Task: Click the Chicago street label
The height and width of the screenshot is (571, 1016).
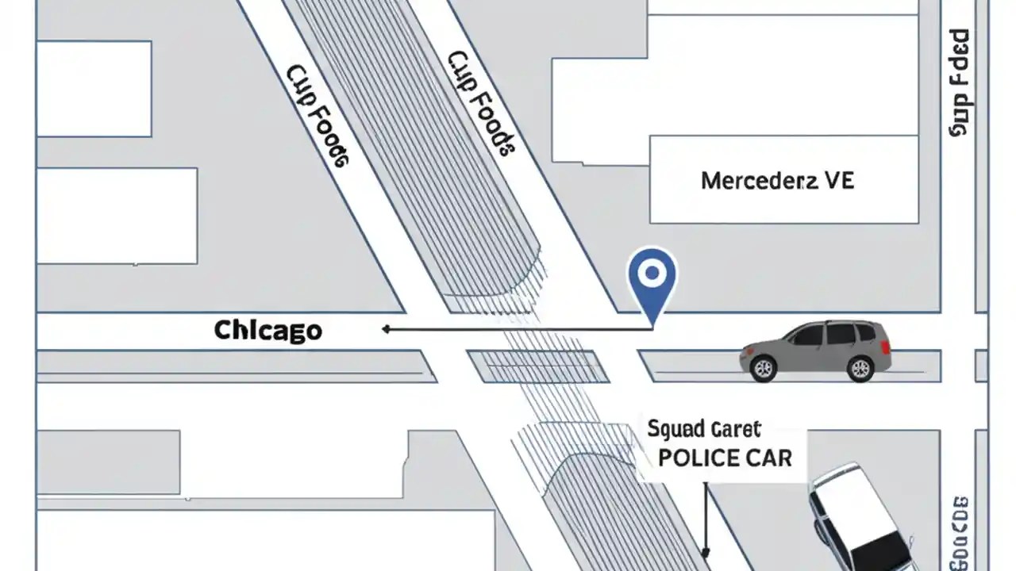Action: tap(267, 330)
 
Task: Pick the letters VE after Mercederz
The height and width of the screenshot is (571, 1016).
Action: tap(839, 180)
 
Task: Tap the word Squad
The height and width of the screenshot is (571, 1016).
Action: tap(675, 430)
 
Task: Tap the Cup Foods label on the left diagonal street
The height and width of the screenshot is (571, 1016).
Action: tap(315, 115)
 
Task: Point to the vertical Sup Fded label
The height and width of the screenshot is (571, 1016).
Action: tap(960, 82)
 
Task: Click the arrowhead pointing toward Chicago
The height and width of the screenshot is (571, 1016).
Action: tap(386, 329)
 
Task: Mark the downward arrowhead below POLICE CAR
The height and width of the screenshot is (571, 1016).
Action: tap(705, 552)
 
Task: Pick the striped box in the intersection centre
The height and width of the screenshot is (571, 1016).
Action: tap(537, 367)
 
